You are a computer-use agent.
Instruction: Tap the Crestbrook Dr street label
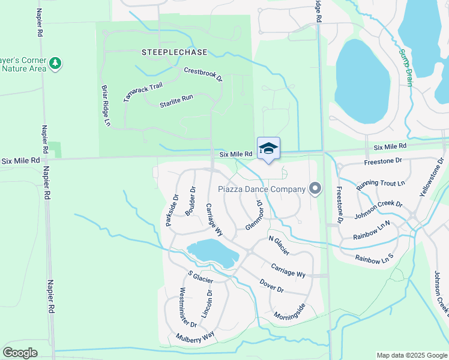point(203,74)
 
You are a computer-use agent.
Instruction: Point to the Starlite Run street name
point(176,101)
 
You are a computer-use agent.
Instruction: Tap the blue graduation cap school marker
point(268,149)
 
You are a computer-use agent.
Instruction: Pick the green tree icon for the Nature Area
point(55,63)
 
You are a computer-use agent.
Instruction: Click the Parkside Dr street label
point(172,210)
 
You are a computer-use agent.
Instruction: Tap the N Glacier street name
point(279,246)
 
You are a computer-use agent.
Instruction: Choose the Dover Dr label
point(271,285)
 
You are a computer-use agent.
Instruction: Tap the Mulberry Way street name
point(195,337)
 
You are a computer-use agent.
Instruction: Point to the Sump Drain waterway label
point(406,67)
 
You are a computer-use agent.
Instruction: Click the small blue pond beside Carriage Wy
point(212,252)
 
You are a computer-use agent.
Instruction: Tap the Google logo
point(20,353)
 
